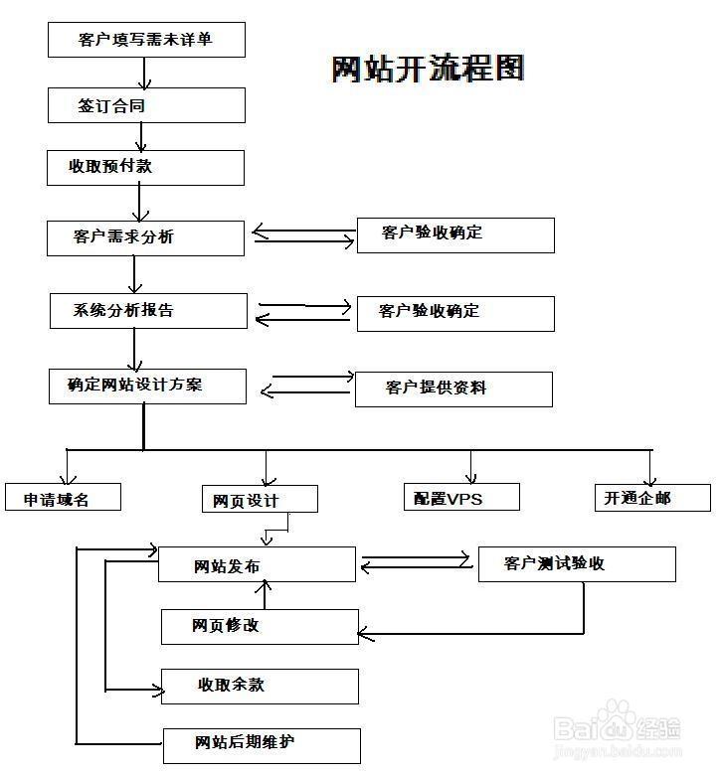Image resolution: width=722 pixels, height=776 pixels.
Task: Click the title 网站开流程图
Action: (x=428, y=68)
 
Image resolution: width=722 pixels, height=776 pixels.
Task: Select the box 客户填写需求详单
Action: (x=146, y=40)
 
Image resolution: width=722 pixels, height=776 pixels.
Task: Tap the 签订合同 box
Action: (x=146, y=104)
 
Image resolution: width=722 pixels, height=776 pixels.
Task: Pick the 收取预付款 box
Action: (x=146, y=167)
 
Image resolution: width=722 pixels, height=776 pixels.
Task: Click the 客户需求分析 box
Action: (x=145, y=237)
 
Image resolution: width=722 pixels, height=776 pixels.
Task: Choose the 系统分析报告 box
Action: (x=148, y=310)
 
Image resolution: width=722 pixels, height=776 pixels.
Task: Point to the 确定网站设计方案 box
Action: (x=147, y=386)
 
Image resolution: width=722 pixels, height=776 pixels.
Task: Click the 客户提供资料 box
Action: (x=453, y=388)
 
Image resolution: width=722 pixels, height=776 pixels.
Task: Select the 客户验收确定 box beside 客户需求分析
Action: (x=455, y=234)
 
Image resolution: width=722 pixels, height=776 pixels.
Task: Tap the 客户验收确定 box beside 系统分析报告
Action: (x=455, y=312)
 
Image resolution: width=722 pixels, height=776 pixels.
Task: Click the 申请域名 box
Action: (x=64, y=497)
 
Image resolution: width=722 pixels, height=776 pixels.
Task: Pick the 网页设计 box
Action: (x=260, y=499)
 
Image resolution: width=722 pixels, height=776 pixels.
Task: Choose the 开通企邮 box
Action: (x=652, y=497)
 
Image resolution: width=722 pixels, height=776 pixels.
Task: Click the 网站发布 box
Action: (x=257, y=564)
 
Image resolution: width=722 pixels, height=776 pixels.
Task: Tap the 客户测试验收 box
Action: (x=577, y=563)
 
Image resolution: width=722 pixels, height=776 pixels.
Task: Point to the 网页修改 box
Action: (x=259, y=626)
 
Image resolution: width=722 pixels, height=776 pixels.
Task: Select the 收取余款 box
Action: (x=260, y=686)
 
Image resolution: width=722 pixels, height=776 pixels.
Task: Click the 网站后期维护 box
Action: (x=261, y=744)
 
